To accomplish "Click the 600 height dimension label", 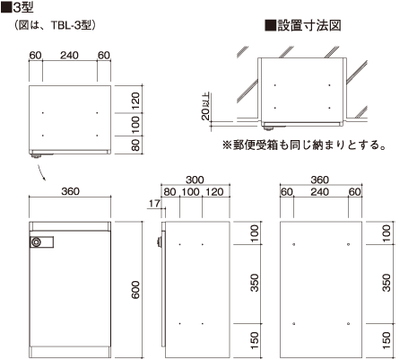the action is (x=135, y=290).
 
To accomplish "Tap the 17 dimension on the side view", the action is (x=154, y=204).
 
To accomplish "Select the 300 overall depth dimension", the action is (x=195, y=180).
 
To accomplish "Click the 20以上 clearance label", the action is (x=205, y=106).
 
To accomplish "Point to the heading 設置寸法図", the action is (x=309, y=25).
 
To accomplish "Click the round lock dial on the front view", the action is (x=37, y=242).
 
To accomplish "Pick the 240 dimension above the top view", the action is (x=69, y=56).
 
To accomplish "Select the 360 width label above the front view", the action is (x=70, y=191).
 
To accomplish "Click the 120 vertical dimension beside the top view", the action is (x=135, y=101).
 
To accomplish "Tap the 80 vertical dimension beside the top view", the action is (x=135, y=145).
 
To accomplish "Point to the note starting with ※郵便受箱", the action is (x=304, y=145).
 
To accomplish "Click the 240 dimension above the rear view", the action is (x=320, y=192).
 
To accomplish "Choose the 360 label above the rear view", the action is (x=320, y=180).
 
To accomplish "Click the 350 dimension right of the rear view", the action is (x=387, y=283).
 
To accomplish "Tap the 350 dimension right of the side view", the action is (x=255, y=283).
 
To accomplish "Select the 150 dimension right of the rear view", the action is (x=387, y=340).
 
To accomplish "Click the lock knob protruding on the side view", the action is (x=159, y=241).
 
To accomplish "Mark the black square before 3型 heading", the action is (x=6, y=8).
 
